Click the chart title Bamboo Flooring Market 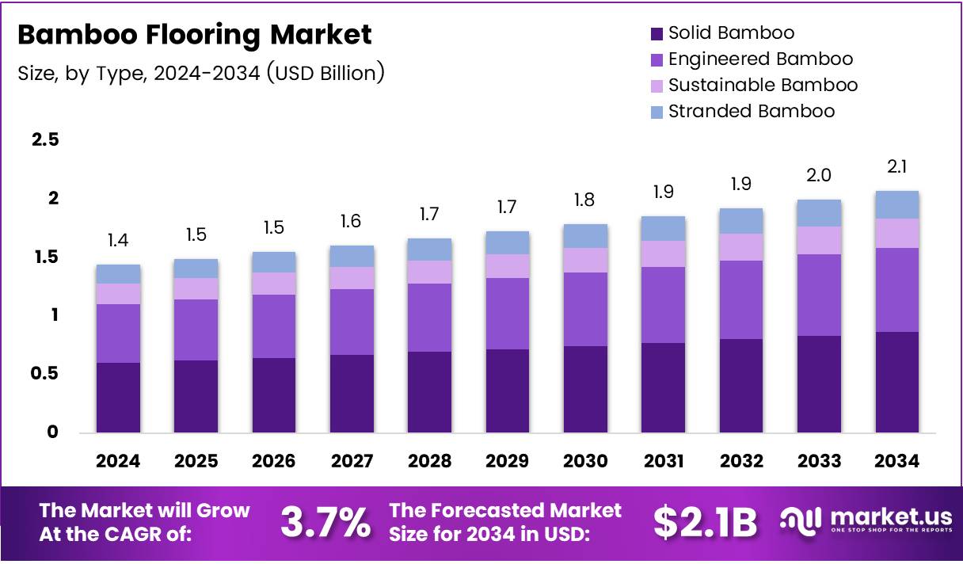(x=194, y=35)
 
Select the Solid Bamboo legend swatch (x=657, y=33)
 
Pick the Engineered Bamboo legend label (x=760, y=59)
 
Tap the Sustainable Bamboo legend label (x=763, y=85)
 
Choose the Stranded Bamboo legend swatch (x=657, y=112)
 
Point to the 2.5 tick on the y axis (x=44, y=140)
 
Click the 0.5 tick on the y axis (x=44, y=373)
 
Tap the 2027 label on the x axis (x=352, y=461)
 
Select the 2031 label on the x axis (x=663, y=461)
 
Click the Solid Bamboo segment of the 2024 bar (x=118, y=397)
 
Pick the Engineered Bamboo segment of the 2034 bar (x=896, y=290)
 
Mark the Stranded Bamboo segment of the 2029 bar (x=508, y=242)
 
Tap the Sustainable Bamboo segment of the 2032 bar (x=740, y=247)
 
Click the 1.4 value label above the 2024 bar (x=118, y=241)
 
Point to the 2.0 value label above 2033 (x=818, y=175)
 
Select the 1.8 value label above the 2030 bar (x=585, y=200)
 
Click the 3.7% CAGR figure (x=325, y=522)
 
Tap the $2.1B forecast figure (x=704, y=522)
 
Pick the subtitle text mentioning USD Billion (x=201, y=73)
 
